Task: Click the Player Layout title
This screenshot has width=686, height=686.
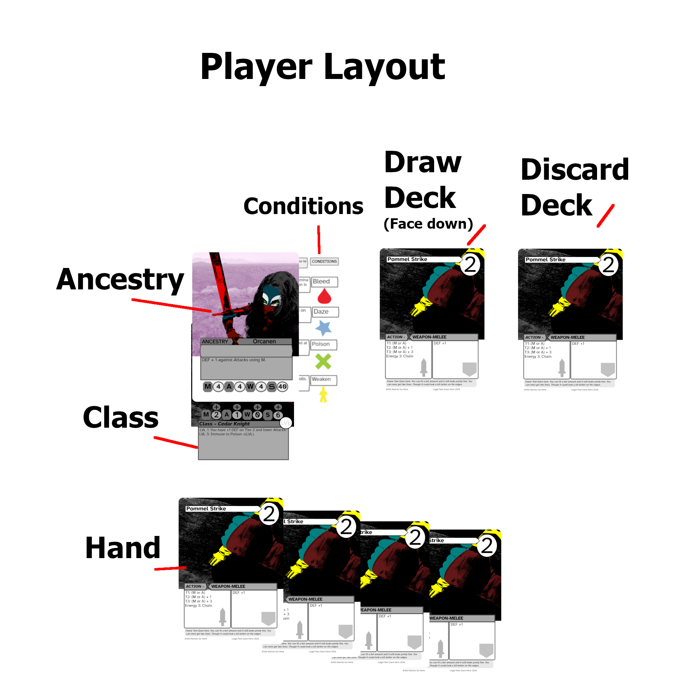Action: click(323, 67)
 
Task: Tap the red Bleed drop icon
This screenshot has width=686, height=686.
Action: click(324, 296)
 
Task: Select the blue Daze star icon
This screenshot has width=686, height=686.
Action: click(323, 328)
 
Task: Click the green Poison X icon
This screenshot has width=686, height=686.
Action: click(323, 361)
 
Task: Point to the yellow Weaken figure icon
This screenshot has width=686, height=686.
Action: click(323, 395)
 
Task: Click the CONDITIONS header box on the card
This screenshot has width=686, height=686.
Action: click(324, 261)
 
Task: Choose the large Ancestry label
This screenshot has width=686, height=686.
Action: click(120, 280)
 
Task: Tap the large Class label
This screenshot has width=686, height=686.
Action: click(121, 417)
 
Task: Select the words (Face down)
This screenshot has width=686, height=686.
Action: click(428, 224)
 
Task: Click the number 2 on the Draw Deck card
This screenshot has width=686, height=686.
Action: click(470, 265)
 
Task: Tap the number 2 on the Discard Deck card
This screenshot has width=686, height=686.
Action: click(608, 265)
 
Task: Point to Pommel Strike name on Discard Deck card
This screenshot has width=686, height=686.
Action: click(545, 260)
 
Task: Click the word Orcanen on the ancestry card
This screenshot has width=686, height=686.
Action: click(264, 342)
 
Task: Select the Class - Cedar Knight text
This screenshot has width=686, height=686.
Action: click(224, 424)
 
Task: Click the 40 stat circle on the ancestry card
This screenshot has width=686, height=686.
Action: click(282, 387)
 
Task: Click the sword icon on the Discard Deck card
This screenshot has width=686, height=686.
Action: click(562, 368)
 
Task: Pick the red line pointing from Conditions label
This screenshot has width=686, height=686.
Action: click(319, 239)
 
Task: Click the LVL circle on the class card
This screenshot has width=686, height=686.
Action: click(286, 423)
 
